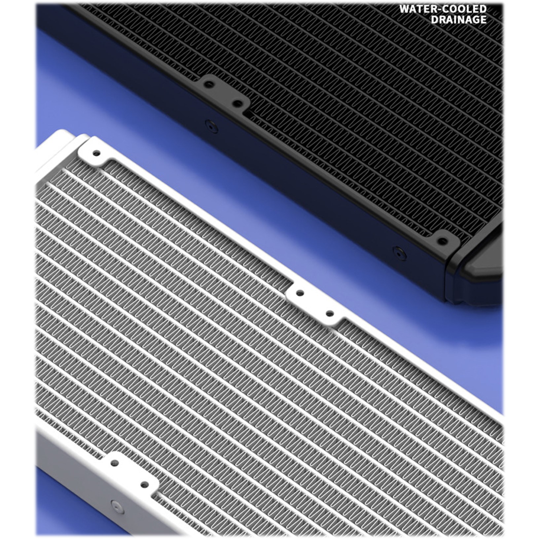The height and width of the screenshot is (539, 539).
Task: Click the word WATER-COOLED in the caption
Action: tap(443, 9)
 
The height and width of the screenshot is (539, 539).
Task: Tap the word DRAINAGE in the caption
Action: tap(459, 19)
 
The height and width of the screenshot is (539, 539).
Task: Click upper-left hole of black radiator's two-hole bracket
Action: tap(208, 84)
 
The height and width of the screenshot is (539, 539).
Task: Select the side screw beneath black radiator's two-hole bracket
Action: tap(211, 126)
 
